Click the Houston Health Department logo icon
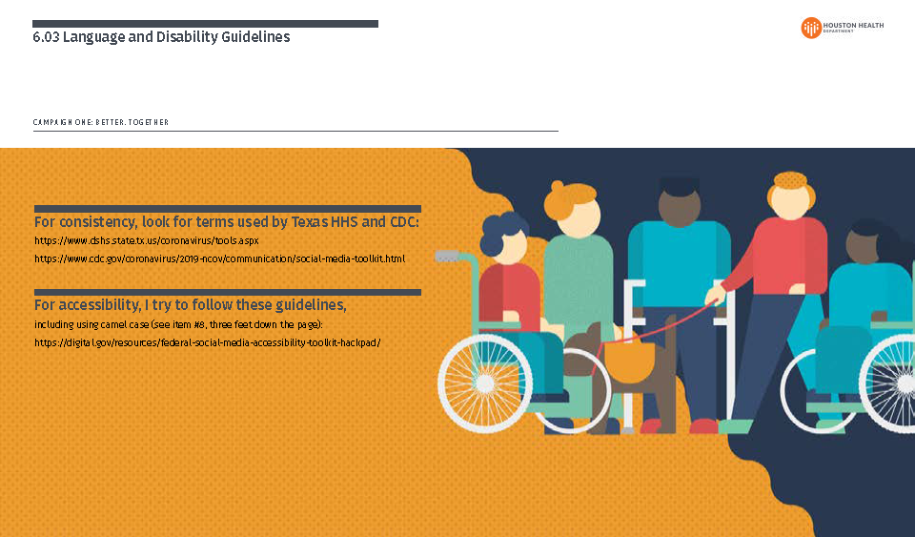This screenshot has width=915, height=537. click(811, 28)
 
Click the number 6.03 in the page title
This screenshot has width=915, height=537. click(45, 37)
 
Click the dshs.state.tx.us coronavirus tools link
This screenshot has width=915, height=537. click(147, 241)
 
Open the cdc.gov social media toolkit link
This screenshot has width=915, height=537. click(219, 258)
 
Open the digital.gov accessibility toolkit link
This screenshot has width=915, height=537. click(207, 341)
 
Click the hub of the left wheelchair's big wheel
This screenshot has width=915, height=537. click(484, 382)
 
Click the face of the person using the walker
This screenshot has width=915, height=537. click(679, 206)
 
